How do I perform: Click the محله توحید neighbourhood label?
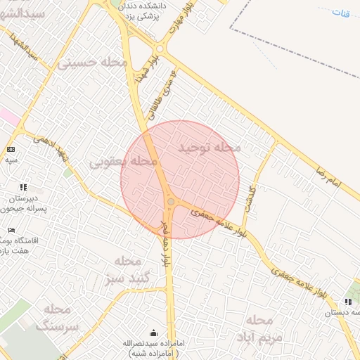coord(210,148)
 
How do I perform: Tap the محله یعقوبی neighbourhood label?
coord(123,162)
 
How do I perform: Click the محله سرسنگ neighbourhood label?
coord(58,317)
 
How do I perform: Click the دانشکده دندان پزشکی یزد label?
coord(146,8)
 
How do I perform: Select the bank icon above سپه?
coord(11,149)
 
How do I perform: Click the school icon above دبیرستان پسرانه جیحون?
coord(23,187)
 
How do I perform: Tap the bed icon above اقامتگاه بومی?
coord(11,230)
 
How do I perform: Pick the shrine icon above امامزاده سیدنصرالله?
coord(154,333)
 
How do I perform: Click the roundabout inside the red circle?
coord(171,202)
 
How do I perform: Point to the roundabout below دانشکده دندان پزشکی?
coord(160,49)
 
